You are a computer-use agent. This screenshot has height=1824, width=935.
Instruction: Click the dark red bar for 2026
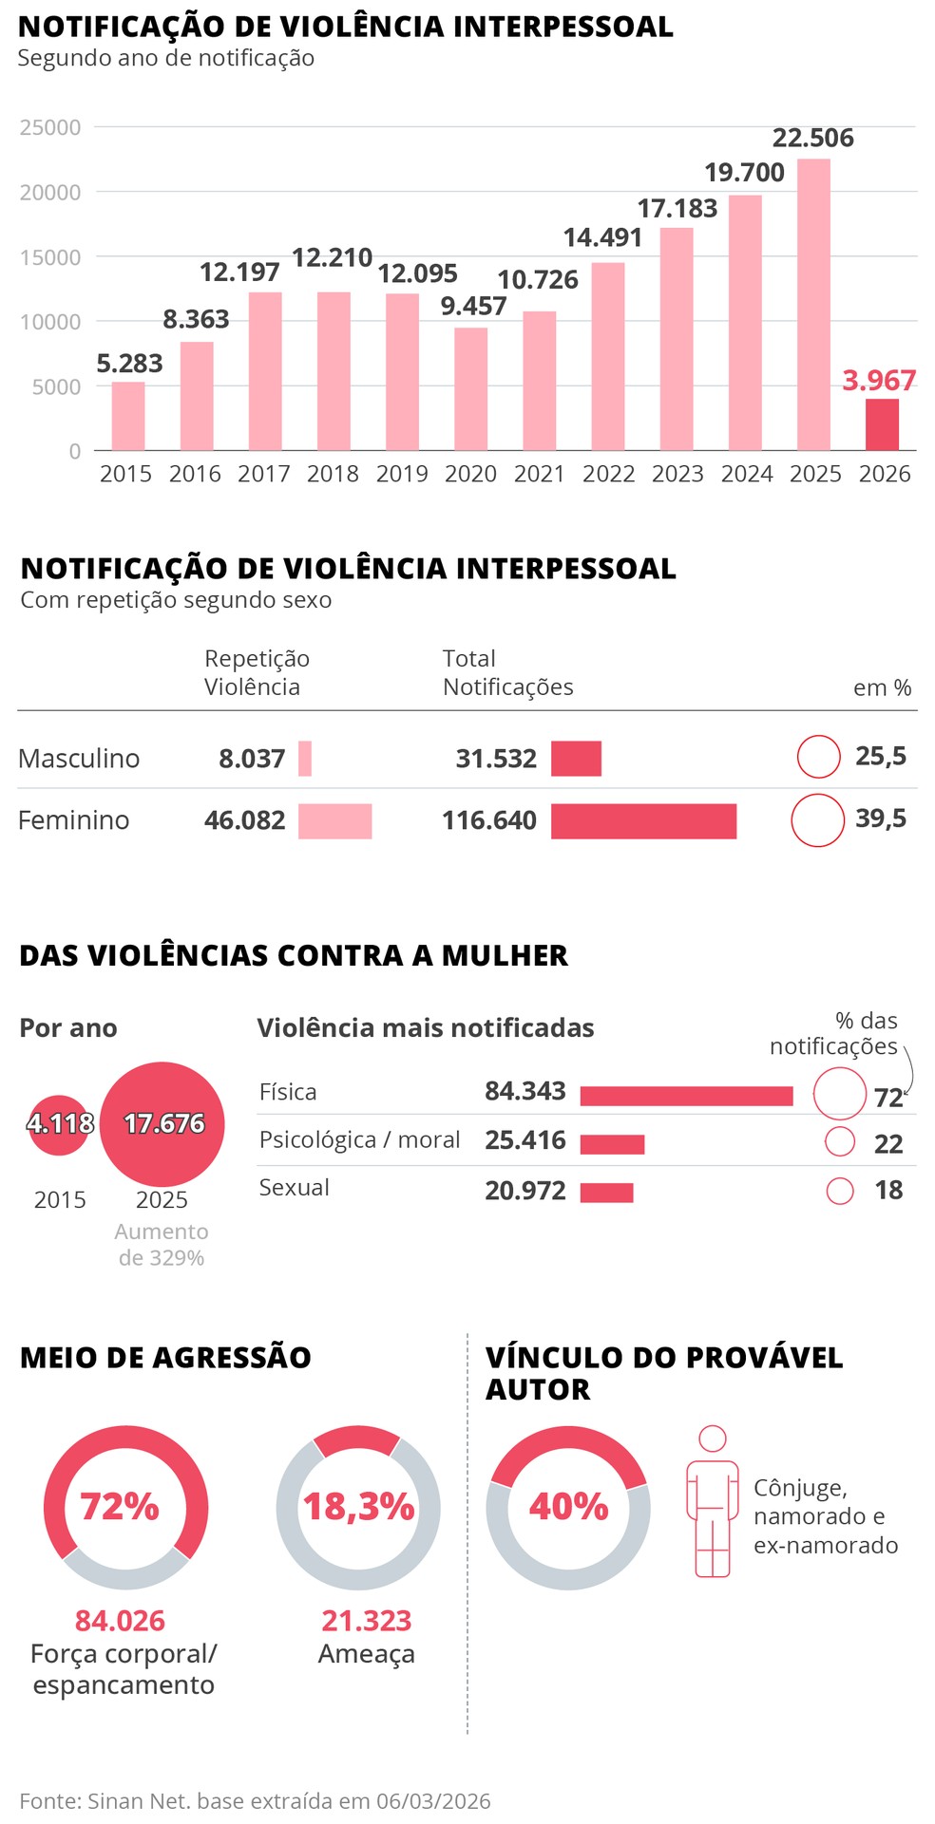[881, 424]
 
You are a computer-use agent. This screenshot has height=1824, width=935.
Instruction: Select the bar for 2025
[813, 304]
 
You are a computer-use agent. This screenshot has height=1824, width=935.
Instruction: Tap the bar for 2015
[128, 416]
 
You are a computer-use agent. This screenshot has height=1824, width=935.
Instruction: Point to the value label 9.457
[473, 306]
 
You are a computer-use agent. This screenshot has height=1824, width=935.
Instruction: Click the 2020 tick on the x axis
[470, 474]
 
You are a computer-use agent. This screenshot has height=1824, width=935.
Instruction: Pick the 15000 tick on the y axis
[50, 257]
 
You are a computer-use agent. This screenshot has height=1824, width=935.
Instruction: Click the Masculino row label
[79, 759]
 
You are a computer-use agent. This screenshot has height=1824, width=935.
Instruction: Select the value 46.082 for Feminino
[244, 820]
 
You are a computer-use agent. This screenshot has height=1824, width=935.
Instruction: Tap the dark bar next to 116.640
[643, 821]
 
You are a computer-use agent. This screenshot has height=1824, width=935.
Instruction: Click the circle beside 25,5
[818, 757]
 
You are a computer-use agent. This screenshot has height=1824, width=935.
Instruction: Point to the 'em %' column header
[882, 687]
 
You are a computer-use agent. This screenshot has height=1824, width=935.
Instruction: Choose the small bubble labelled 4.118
[60, 1124]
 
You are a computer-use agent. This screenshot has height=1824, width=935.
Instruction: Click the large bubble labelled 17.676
[162, 1124]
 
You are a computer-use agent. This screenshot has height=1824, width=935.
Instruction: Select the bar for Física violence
[686, 1096]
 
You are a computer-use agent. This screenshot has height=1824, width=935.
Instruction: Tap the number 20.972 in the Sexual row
[525, 1191]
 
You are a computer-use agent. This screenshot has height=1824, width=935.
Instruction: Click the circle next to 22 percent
[840, 1141]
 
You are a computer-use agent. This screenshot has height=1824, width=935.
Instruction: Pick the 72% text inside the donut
[120, 1507]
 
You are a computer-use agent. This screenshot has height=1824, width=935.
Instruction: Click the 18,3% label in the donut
[358, 1507]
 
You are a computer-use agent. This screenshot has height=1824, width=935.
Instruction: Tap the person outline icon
[712, 1501]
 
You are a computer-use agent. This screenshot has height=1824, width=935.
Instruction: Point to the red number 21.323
[366, 1620]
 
